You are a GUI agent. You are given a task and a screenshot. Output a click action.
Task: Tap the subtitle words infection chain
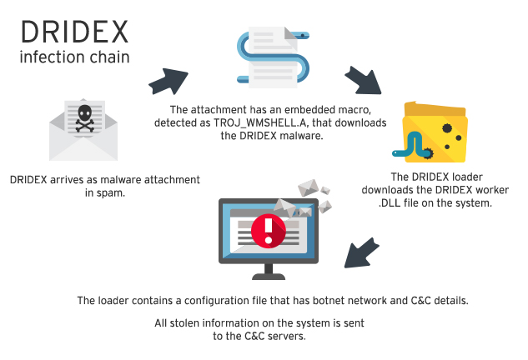(74, 58)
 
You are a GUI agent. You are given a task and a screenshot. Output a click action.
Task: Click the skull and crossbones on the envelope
(83, 118)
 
